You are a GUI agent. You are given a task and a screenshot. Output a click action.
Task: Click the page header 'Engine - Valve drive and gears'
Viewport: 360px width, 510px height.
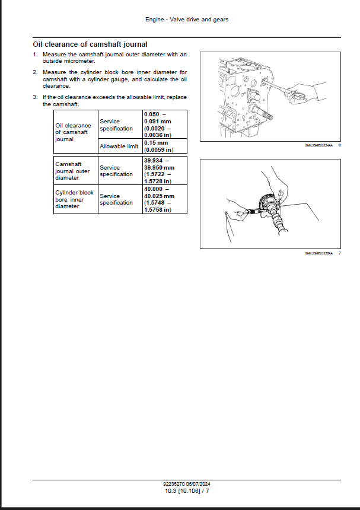pyautogui.click(x=187, y=20)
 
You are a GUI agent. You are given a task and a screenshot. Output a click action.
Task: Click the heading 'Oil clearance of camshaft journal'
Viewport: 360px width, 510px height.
pyautogui.click(x=90, y=44)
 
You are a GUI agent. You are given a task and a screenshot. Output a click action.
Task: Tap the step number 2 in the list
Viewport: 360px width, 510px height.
pyautogui.click(x=35, y=72)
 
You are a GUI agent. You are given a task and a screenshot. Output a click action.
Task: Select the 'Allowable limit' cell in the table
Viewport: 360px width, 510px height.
pyautogui.click(x=119, y=146)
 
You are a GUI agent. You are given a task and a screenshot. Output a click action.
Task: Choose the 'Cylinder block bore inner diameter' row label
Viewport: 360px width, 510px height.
pyautogui.click(x=75, y=199)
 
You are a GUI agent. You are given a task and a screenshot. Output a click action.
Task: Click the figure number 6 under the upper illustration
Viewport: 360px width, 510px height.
pyautogui.click(x=339, y=145)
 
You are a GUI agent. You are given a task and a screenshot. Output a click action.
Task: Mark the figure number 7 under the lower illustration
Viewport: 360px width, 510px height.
pyautogui.click(x=339, y=253)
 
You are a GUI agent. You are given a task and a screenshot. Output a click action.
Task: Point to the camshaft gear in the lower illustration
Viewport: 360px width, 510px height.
pyautogui.click(x=267, y=204)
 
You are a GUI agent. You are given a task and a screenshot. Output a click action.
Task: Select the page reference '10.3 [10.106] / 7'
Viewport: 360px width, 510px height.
pyautogui.click(x=187, y=490)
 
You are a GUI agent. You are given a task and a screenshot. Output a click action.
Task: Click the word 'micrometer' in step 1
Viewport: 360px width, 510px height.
pyautogui.click(x=80, y=61)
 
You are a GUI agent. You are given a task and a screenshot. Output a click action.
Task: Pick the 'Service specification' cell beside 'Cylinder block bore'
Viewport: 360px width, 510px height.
pyautogui.click(x=116, y=199)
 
